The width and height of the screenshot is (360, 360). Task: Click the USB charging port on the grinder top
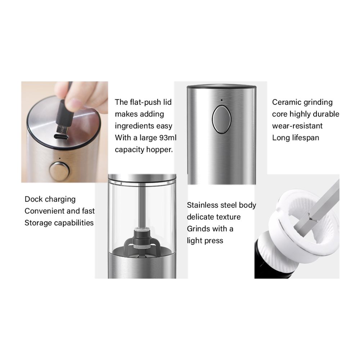pyautogui.click(x=61, y=137)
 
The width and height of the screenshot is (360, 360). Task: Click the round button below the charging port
pyautogui.click(x=59, y=171)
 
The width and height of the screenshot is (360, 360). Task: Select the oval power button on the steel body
pyautogui.click(x=221, y=120)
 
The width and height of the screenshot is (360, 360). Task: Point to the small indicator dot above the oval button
pyautogui.click(x=221, y=100)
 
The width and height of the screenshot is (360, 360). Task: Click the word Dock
pyautogui.click(x=33, y=199)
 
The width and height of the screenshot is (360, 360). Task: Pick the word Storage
pyautogui.click(x=38, y=223)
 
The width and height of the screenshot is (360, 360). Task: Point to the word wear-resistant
pyautogui.click(x=297, y=126)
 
